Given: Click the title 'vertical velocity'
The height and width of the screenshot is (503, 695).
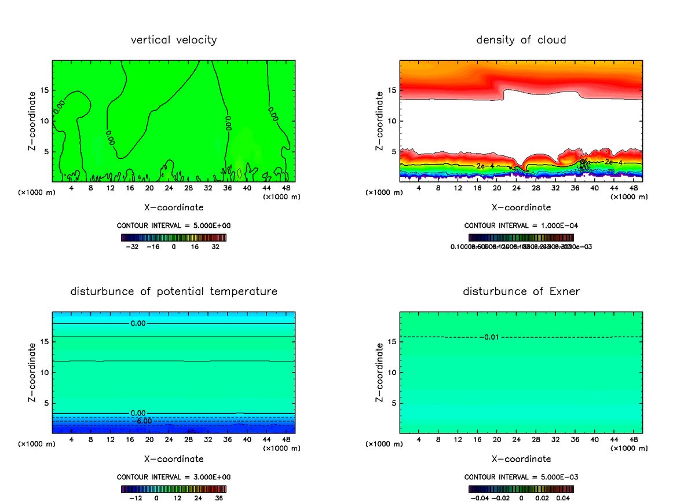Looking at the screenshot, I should coord(174,40).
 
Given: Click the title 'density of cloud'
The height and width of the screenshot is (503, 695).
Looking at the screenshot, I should coord(521,40).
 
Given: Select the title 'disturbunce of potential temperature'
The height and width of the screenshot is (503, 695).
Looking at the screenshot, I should coord(174,291).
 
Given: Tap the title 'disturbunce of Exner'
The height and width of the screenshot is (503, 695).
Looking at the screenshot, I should coord(521,291).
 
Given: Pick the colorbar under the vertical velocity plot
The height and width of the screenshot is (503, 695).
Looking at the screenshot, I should coord(174,238).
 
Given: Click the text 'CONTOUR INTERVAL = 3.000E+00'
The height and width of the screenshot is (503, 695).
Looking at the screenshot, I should coord(174,477).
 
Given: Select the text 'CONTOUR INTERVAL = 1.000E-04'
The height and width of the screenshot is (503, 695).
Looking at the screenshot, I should coord(521,226).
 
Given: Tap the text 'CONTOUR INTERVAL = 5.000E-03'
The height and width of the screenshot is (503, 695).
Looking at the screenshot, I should coord(521,477).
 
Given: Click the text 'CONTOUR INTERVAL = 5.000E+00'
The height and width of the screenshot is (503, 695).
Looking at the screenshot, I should coord(174,226).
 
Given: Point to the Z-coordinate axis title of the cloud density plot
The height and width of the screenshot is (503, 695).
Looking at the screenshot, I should coord(380,122).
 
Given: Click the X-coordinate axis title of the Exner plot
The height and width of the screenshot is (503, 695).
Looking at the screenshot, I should coord(521,459).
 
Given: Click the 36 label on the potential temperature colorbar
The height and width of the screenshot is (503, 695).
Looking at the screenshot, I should coord(220,497).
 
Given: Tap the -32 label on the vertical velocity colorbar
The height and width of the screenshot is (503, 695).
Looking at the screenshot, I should coord(134,246).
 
